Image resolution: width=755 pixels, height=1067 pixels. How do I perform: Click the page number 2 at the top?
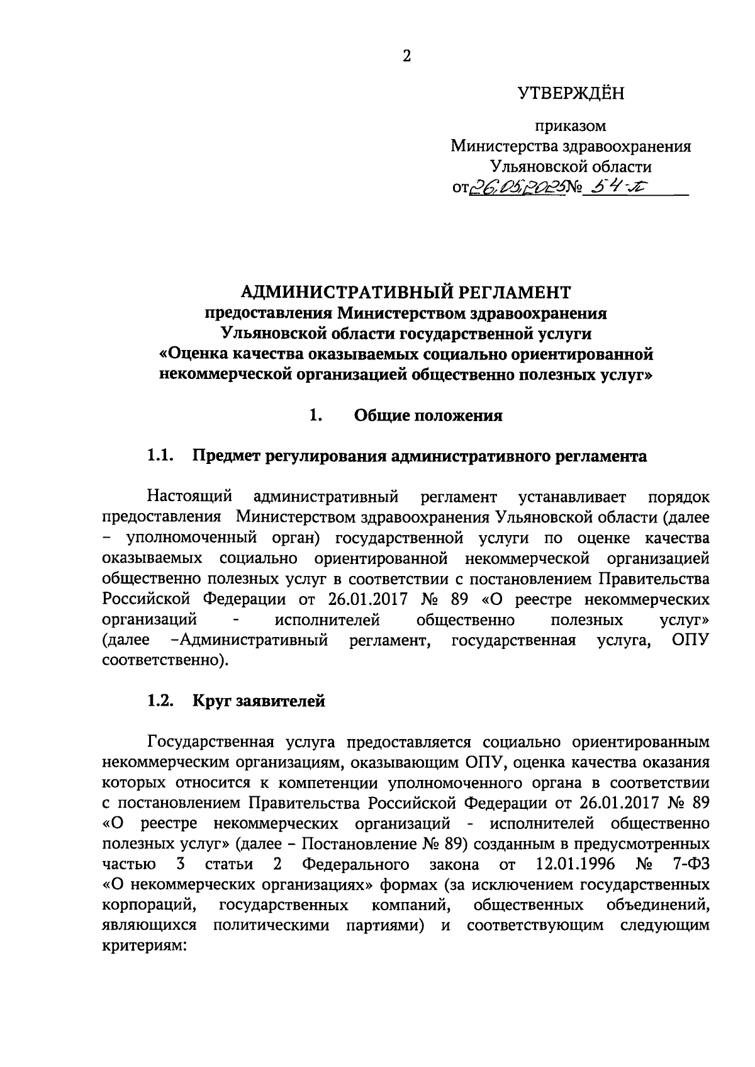click(406, 57)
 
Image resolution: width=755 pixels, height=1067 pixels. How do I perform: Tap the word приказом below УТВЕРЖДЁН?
click(571, 126)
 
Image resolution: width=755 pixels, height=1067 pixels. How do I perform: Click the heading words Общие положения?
click(428, 415)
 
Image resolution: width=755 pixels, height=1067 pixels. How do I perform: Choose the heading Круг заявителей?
click(259, 701)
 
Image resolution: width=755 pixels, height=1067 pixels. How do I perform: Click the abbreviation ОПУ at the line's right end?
click(690, 640)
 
